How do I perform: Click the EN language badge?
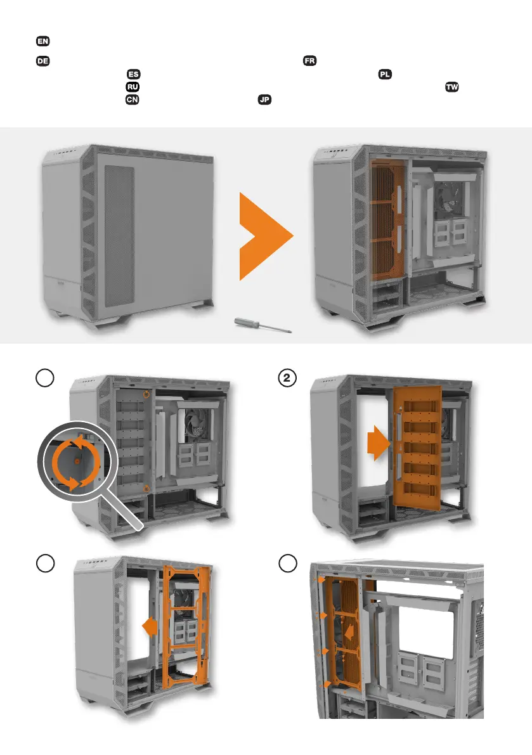click(43, 41)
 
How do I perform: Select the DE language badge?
click(43, 61)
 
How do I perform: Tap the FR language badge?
click(309, 61)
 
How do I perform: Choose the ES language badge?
click(133, 74)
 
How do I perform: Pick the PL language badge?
click(385, 74)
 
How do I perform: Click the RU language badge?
click(133, 87)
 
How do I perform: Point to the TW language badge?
click(451, 87)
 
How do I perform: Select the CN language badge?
click(132, 100)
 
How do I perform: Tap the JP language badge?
click(264, 100)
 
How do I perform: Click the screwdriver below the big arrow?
click(263, 325)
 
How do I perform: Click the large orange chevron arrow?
click(266, 236)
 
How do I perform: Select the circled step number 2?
click(287, 378)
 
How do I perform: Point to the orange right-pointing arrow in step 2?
click(379, 444)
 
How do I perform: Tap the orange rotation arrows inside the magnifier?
click(77, 462)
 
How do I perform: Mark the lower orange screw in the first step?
click(146, 489)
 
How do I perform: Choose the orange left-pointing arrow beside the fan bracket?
click(150, 626)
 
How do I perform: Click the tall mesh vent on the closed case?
click(119, 236)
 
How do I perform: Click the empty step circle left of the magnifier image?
click(45, 378)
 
